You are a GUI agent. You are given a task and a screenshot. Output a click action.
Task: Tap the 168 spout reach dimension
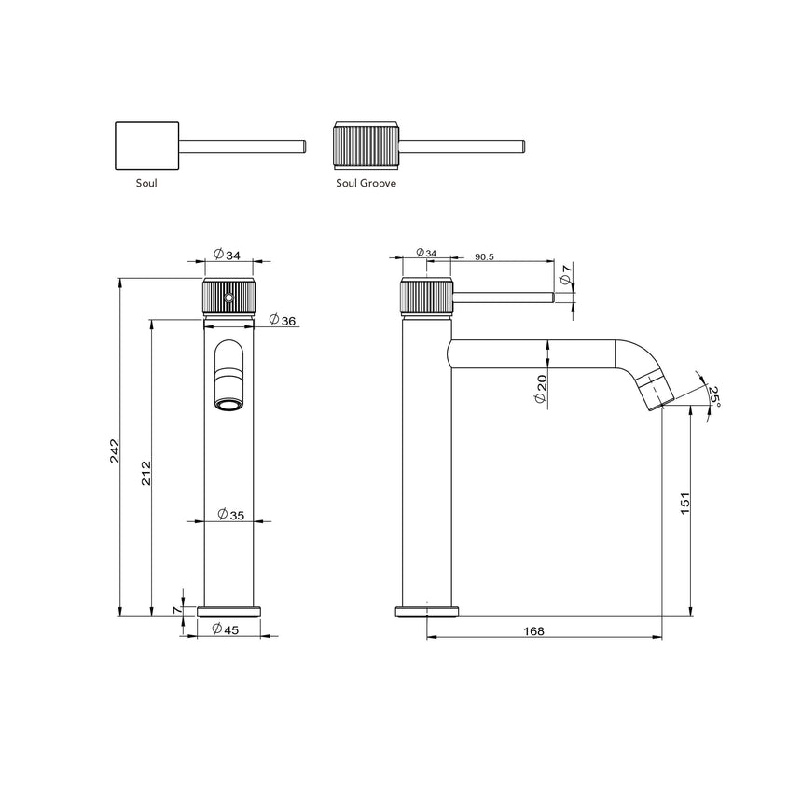click(533, 631)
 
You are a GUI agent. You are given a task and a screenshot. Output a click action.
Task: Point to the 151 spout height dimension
click(684, 504)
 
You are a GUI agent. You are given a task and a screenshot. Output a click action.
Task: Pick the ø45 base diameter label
click(226, 629)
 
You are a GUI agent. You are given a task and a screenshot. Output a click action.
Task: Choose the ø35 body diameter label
click(230, 514)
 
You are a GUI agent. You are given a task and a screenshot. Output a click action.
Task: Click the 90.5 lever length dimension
click(484, 255)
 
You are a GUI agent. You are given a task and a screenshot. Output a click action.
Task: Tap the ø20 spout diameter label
click(541, 388)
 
